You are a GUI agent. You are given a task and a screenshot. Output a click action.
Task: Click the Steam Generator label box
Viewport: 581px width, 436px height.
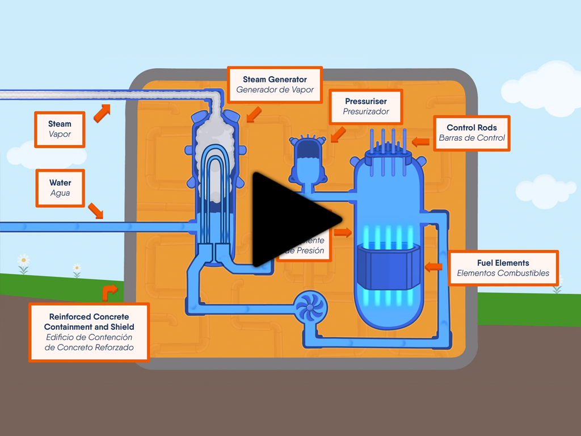[275, 85]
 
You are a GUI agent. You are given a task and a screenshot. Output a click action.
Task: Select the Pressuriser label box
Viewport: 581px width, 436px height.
[366, 106]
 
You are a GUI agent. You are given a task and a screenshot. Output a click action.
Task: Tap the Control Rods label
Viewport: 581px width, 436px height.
[471, 133]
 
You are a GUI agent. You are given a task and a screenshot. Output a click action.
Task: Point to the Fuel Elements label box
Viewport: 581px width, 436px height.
[503, 268]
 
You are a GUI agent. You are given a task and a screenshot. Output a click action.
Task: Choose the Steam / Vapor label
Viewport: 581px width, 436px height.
[60, 129]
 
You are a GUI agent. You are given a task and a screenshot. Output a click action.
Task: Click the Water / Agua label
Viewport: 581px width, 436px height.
[60, 188]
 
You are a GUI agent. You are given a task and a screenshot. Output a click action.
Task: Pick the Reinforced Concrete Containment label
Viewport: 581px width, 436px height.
[89, 332]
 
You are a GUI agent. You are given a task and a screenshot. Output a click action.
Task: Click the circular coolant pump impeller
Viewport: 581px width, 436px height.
[311, 308]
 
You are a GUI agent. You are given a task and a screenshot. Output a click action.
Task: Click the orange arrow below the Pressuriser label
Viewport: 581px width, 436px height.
[338, 134]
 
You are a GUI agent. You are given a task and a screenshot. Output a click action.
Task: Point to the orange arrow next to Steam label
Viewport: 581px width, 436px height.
[102, 113]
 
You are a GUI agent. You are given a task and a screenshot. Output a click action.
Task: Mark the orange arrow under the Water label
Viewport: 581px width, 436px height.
[95, 211]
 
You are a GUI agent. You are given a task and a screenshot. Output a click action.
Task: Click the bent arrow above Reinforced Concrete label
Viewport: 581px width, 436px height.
[109, 292]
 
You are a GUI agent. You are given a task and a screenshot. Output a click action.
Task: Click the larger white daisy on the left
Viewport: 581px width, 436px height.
[23, 261]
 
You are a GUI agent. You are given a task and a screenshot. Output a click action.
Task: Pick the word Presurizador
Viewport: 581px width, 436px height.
[366, 112]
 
